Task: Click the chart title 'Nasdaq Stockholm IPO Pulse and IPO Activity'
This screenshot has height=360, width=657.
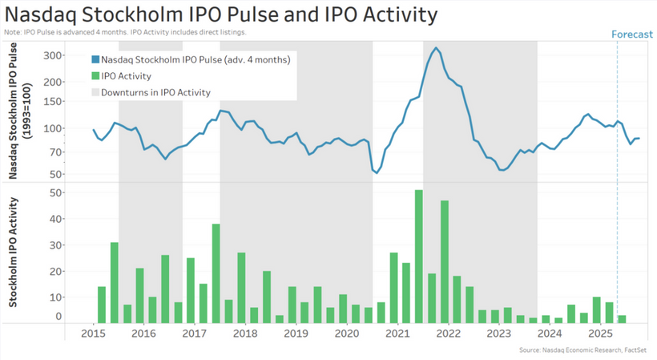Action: [221, 14]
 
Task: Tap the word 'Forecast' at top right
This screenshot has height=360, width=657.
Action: [633, 34]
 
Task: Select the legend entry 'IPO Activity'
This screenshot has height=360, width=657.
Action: [126, 76]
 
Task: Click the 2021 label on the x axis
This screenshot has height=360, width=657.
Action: [397, 333]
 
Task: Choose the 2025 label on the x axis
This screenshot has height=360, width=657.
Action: [601, 333]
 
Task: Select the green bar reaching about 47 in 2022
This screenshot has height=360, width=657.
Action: [445, 261]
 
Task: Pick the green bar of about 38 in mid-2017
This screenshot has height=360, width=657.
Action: [216, 273]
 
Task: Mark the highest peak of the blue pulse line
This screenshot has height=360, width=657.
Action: [436, 48]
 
